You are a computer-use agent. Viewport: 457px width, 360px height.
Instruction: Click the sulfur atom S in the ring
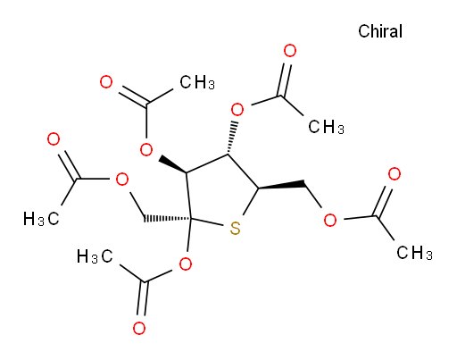[235, 229]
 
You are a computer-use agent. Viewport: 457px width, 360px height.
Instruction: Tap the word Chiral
[380, 31]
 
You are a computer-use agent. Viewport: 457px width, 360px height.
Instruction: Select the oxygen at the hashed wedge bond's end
[237, 110]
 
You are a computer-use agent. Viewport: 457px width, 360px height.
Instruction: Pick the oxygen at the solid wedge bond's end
[146, 149]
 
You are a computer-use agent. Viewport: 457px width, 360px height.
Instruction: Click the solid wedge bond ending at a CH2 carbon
[281, 185]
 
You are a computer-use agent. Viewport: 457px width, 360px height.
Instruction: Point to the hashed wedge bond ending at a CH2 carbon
[167, 219]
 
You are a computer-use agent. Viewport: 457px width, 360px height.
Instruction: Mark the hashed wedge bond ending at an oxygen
[231, 138]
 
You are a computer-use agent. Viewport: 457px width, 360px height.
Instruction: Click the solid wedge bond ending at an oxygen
[172, 164]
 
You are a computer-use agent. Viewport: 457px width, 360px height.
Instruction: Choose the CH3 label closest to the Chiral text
[326, 127]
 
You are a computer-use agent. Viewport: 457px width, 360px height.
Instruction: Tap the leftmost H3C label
[41, 219]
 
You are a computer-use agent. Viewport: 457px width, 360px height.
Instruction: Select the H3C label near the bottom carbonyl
[95, 256]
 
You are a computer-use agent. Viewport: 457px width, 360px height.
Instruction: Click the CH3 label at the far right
[414, 253]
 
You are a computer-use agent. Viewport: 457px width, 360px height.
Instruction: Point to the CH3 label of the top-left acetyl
[197, 82]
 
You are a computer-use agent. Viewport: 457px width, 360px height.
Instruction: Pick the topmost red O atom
[290, 51]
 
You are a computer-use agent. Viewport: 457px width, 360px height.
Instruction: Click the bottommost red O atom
[139, 329]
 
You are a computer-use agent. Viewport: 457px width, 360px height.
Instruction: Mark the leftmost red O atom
[54, 139]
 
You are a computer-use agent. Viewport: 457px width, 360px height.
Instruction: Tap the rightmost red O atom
[395, 174]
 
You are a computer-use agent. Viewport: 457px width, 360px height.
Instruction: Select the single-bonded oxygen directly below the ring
[186, 264]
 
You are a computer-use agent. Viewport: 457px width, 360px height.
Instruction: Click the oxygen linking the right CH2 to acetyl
[330, 221]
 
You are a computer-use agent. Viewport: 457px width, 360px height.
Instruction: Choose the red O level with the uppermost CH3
[106, 82]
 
